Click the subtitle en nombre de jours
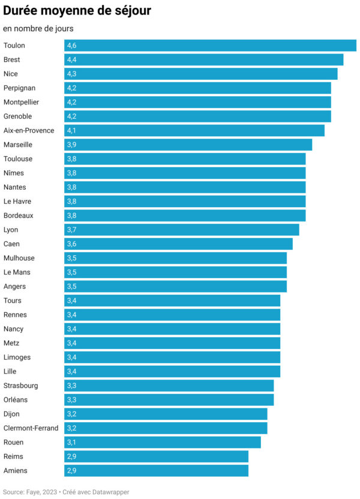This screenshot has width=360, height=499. (x=38, y=29)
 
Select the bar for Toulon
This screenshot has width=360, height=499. (x=210, y=46)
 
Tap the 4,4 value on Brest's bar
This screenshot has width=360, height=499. (x=72, y=60)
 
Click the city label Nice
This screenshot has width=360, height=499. (x=11, y=74)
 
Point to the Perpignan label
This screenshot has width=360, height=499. (x=19, y=88)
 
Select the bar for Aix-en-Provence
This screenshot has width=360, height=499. (x=194, y=130)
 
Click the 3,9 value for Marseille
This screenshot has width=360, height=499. (x=72, y=145)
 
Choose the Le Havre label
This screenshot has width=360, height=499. (x=17, y=201)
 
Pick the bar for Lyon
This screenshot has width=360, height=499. (x=181, y=229)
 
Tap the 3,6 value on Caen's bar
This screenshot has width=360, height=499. (x=72, y=244)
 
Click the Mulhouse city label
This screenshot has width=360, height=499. (x=19, y=258)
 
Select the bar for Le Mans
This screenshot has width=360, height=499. (x=175, y=272)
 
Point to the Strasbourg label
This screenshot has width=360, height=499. (x=20, y=386)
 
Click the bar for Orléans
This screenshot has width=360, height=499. (x=169, y=400)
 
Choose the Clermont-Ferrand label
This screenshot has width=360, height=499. (x=31, y=428)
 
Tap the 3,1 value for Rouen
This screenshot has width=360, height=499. (x=72, y=442)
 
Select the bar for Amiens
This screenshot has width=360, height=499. (x=156, y=471)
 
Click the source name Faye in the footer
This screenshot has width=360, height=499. (x=34, y=492)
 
